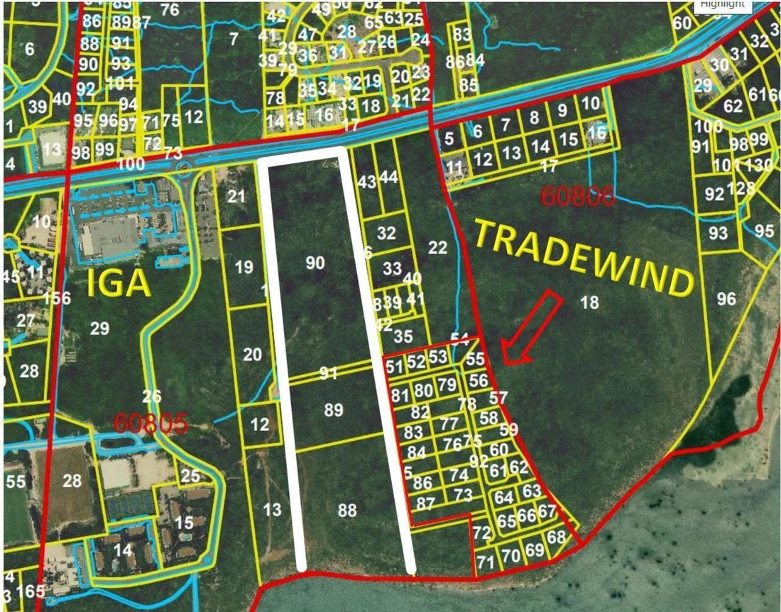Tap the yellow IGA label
tap(119, 284)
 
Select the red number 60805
tap(151, 423)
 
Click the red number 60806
tap(577, 196)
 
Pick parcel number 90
tap(315, 263)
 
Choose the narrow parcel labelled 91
tap(327, 373)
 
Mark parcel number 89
tap(333, 410)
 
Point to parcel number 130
tap(760, 165)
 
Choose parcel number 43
tap(367, 182)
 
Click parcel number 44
tap(388, 177)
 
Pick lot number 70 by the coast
tap(511, 556)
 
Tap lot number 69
tap(534, 550)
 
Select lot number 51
tap(394, 366)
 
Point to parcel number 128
tap(741, 189)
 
